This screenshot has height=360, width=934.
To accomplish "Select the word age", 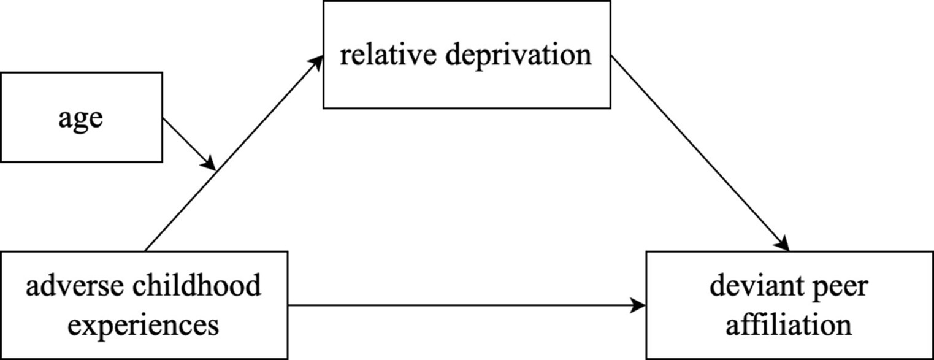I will coord(81,117).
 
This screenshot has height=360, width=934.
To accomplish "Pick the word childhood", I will coord(187,286).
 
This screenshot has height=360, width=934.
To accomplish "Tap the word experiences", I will coord(144,324).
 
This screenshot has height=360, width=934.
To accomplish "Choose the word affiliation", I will coord(789,324).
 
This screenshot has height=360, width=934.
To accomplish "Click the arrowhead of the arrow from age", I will coord(210,165).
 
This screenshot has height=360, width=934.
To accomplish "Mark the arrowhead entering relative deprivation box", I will coord(318,59).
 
